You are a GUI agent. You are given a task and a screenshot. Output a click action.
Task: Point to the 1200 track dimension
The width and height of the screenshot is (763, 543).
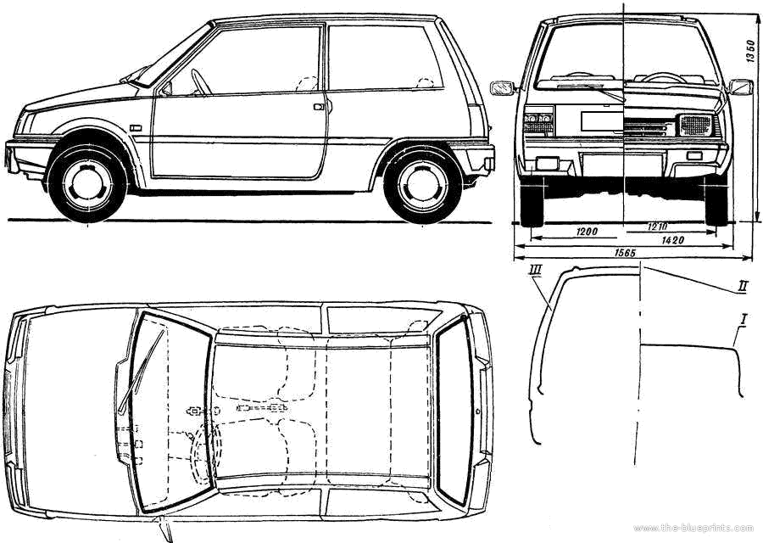[585, 231]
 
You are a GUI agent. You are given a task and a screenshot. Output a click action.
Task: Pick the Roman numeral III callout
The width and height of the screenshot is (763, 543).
[535, 270]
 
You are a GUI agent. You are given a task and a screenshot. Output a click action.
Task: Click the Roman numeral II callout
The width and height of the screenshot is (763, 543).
[742, 287]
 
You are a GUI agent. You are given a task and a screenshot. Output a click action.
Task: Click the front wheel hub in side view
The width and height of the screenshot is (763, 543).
[87, 183]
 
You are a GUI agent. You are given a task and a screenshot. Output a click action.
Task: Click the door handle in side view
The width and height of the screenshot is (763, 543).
[318, 107]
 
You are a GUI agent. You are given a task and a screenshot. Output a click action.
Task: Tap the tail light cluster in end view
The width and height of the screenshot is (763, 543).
[538, 120]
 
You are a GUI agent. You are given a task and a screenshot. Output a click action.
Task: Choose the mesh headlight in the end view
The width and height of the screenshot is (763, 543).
[695, 126]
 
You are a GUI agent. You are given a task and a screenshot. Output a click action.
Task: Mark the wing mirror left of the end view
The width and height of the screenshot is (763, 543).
[502, 87]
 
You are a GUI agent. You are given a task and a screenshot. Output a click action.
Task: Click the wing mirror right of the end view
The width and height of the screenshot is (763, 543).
[740, 86]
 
